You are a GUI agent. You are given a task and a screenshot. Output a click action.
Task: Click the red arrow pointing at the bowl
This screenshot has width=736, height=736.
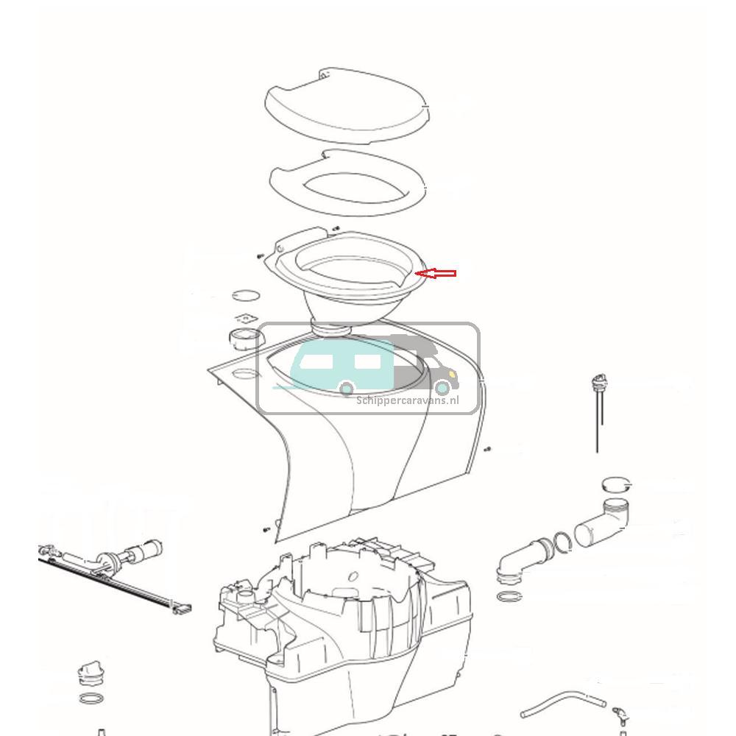(436, 274)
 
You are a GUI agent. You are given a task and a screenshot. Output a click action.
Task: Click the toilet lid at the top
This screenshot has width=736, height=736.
(344, 110)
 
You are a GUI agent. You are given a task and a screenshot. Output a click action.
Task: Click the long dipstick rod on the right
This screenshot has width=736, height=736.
(597, 420)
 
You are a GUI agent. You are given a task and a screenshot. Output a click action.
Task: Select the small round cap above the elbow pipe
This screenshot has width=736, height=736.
(617, 484)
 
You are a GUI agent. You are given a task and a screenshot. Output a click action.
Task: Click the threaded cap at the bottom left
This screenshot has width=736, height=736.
(89, 673)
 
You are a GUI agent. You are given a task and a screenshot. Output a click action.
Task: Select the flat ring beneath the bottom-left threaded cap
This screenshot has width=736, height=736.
(90, 698)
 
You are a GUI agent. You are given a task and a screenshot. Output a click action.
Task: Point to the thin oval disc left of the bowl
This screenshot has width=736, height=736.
(246, 295)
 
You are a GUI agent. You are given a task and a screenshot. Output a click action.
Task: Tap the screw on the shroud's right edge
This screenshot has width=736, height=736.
(488, 448)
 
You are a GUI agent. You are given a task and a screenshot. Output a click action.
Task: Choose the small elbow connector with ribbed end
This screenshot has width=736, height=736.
(524, 556)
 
